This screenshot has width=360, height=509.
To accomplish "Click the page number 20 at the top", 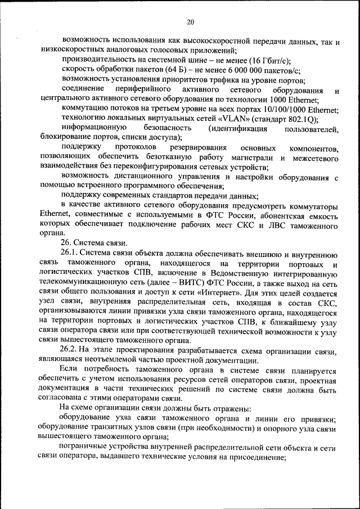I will [x=190, y=22].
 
